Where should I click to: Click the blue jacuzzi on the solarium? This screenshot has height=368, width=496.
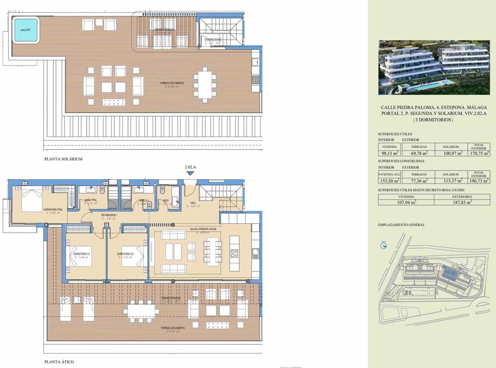(x=25, y=30)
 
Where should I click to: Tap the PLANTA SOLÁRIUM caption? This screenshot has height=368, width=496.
(x=63, y=159)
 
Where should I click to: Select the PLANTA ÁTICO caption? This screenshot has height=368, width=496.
(x=59, y=361)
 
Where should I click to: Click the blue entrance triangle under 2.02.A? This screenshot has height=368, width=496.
(x=190, y=173)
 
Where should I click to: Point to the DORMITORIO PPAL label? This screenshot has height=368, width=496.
(x=53, y=210)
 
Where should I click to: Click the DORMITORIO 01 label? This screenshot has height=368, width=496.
(x=82, y=254)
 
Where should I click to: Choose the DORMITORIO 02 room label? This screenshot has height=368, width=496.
(x=125, y=254)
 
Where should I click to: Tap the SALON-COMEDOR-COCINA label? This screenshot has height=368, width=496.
(x=203, y=229)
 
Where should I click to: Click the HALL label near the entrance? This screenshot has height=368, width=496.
(x=193, y=203)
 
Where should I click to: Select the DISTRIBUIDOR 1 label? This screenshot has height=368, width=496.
(x=109, y=215)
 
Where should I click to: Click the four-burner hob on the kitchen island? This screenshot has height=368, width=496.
(x=234, y=254)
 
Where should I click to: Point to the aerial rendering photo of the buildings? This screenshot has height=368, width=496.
(x=434, y=67)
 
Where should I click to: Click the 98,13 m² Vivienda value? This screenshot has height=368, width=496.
(x=389, y=153)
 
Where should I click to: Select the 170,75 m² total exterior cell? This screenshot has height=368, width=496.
(x=479, y=153)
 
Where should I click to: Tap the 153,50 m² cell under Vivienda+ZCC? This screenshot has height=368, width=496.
(x=389, y=181)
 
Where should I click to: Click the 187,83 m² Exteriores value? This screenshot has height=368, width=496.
(x=462, y=202)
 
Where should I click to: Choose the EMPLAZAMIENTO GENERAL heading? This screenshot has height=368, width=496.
(x=401, y=225)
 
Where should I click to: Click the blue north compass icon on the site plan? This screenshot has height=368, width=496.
(x=383, y=246)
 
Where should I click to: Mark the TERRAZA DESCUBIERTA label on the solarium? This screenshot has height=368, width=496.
(x=172, y=83)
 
